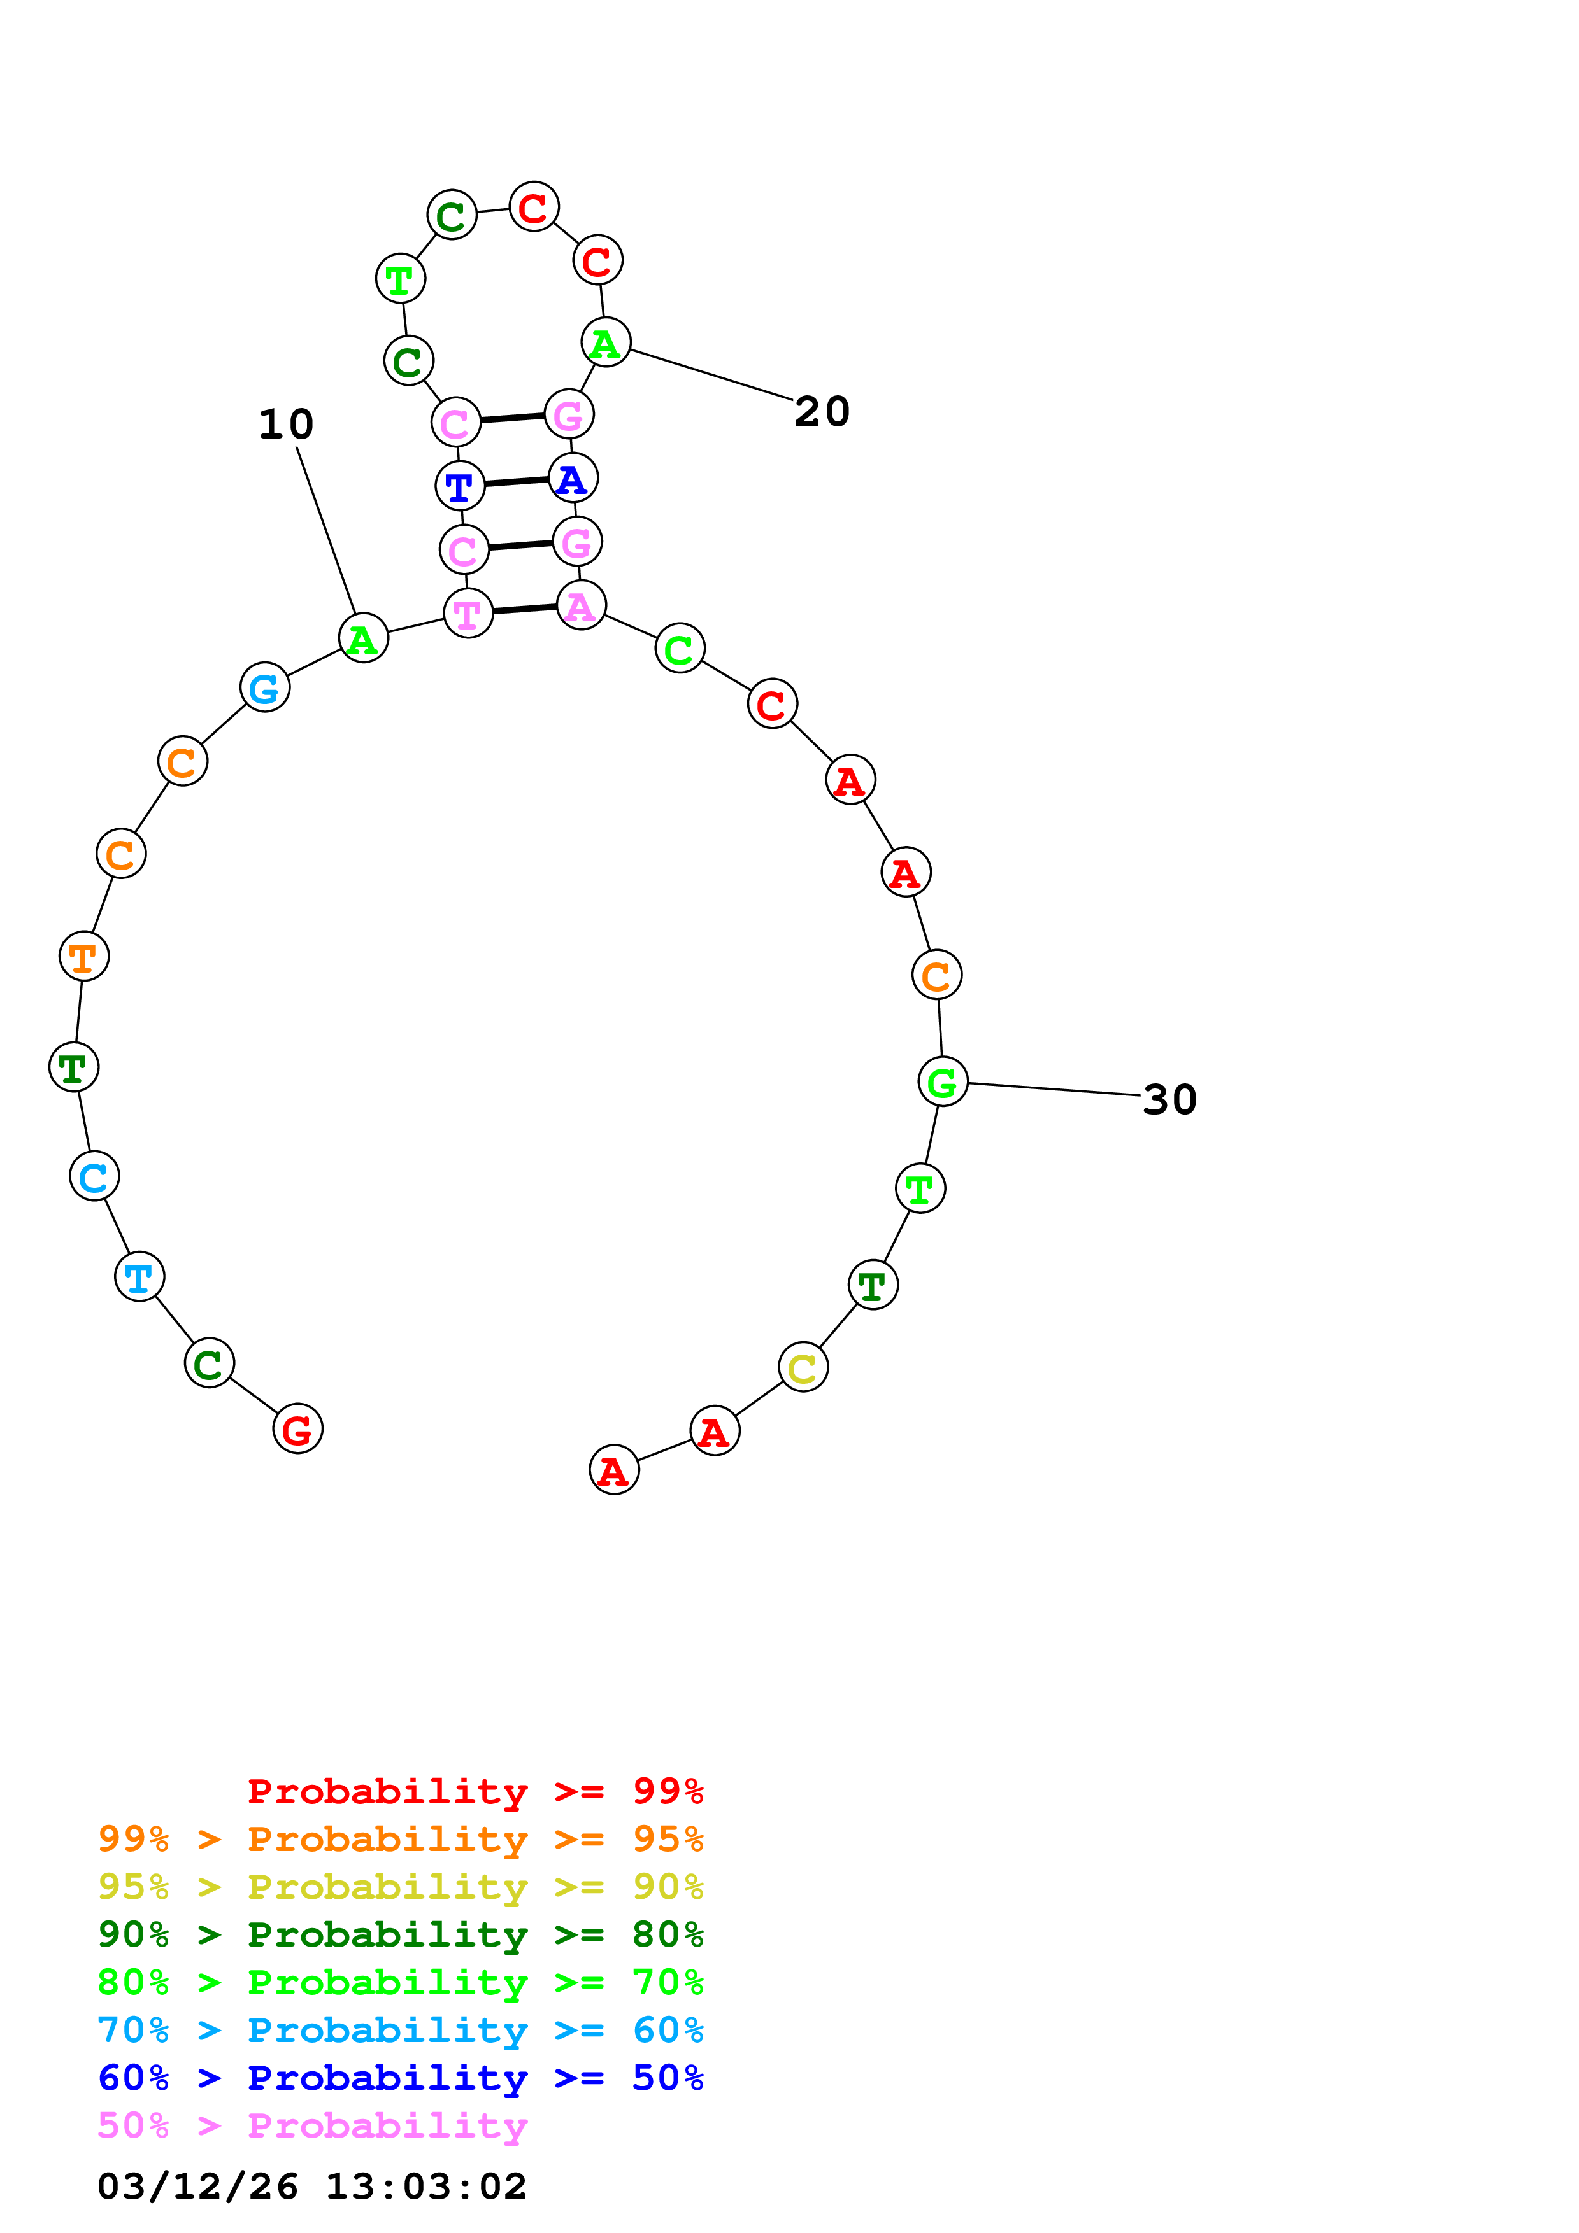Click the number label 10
point(286,424)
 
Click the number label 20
point(822,411)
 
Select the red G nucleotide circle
point(297,1428)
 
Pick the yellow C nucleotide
point(803,1367)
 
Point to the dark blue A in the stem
point(573,479)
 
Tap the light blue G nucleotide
point(264,687)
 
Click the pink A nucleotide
point(581,606)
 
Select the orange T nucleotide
point(83,957)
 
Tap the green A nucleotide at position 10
point(364,639)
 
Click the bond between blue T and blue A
point(517,481)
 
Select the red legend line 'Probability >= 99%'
point(475,1791)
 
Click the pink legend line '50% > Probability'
point(312,2126)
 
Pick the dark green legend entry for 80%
point(400,1934)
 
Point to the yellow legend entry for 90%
point(400,1887)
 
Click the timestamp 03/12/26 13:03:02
point(312,2187)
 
